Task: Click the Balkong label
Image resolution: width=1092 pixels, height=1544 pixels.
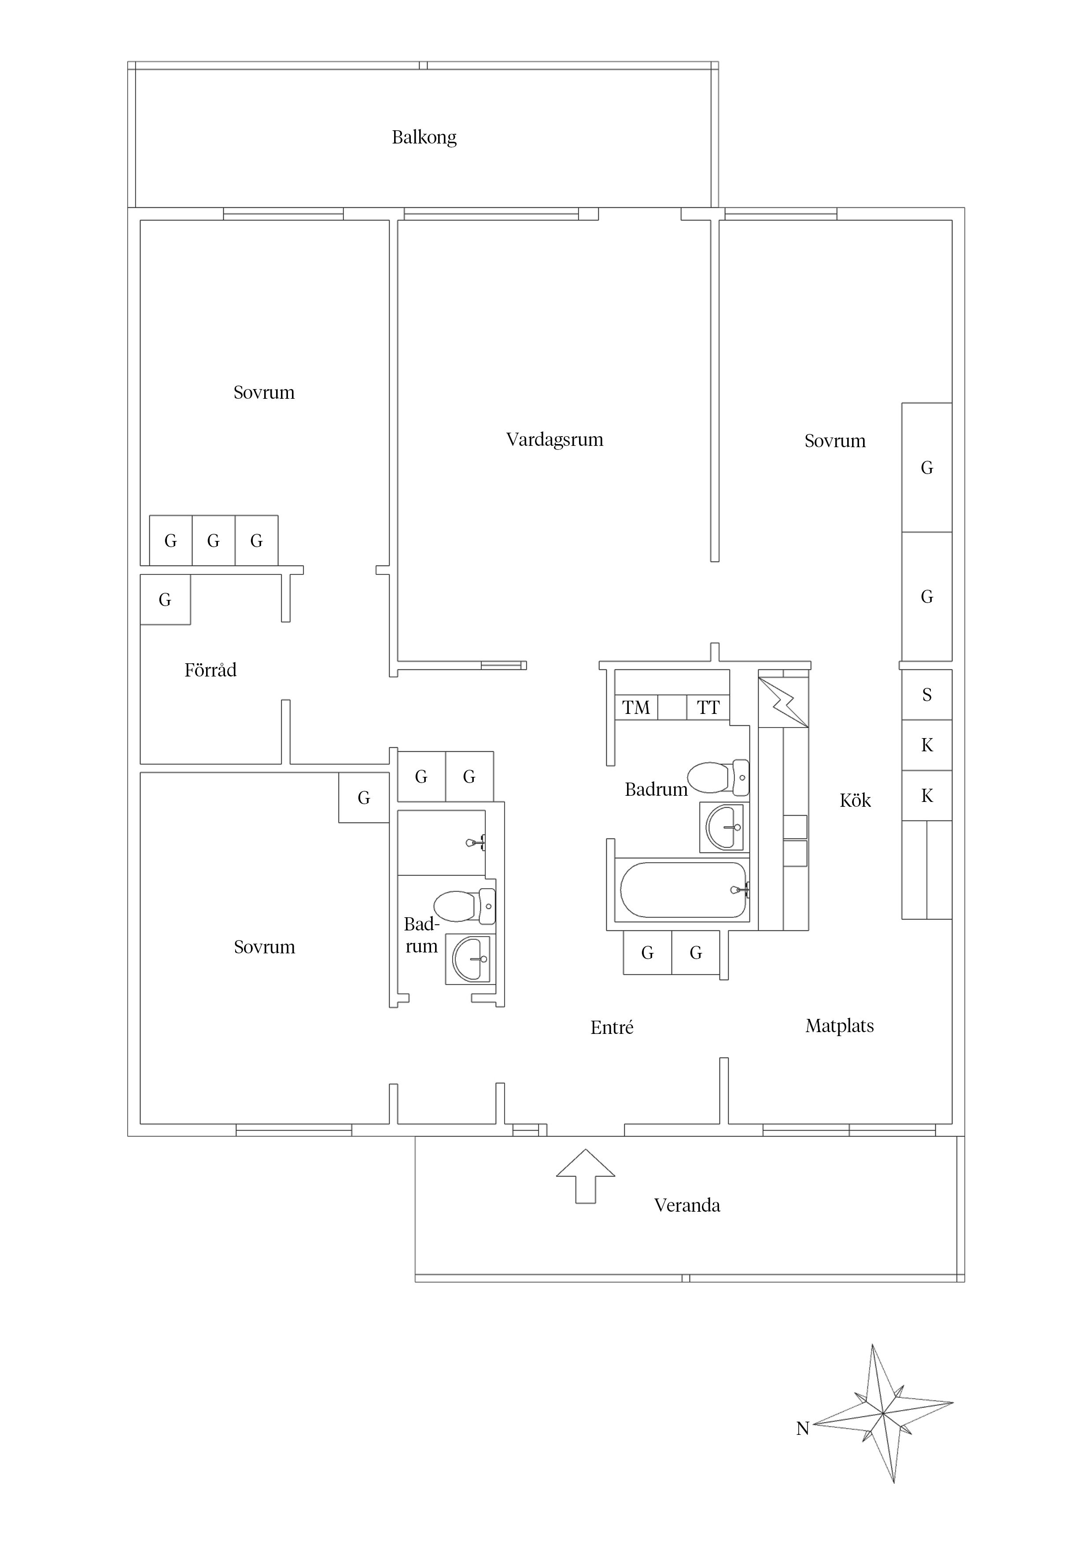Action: tap(424, 138)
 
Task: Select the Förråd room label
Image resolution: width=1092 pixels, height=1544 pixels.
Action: tap(210, 670)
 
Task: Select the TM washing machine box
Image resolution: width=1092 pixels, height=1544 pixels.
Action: tap(636, 707)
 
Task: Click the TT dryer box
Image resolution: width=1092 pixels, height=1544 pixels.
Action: tap(708, 707)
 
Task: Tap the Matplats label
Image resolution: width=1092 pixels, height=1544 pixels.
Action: tap(840, 1026)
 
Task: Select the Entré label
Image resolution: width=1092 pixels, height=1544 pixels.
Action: tap(612, 1028)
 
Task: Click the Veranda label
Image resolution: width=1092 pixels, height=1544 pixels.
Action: tap(687, 1205)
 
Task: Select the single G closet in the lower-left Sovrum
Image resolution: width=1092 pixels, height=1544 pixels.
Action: tap(363, 798)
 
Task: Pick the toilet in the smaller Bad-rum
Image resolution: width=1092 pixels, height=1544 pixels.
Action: tap(464, 906)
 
